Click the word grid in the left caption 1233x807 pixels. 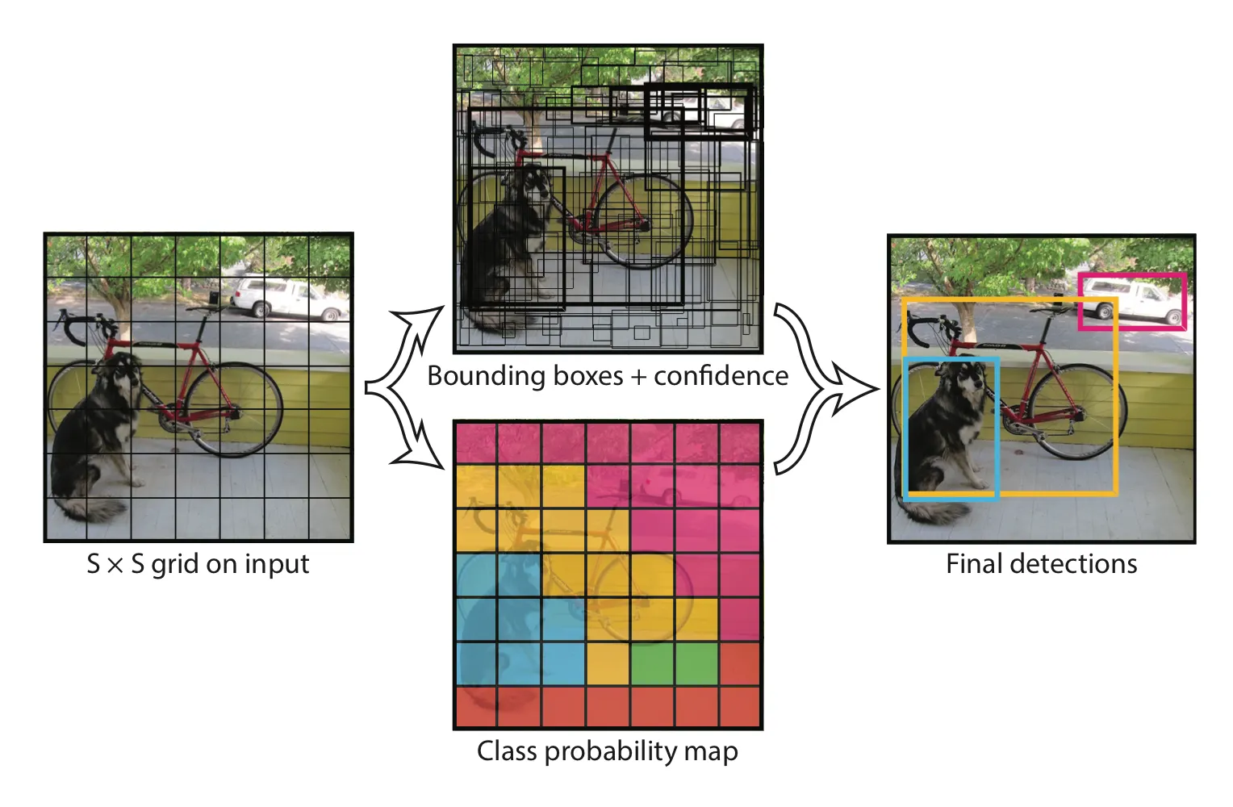click(x=175, y=565)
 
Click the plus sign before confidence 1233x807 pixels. click(x=638, y=377)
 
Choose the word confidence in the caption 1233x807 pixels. click(x=721, y=376)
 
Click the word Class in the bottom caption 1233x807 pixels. click(x=507, y=751)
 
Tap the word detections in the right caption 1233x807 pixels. click(x=1074, y=563)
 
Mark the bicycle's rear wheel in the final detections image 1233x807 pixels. click(x=1078, y=412)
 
